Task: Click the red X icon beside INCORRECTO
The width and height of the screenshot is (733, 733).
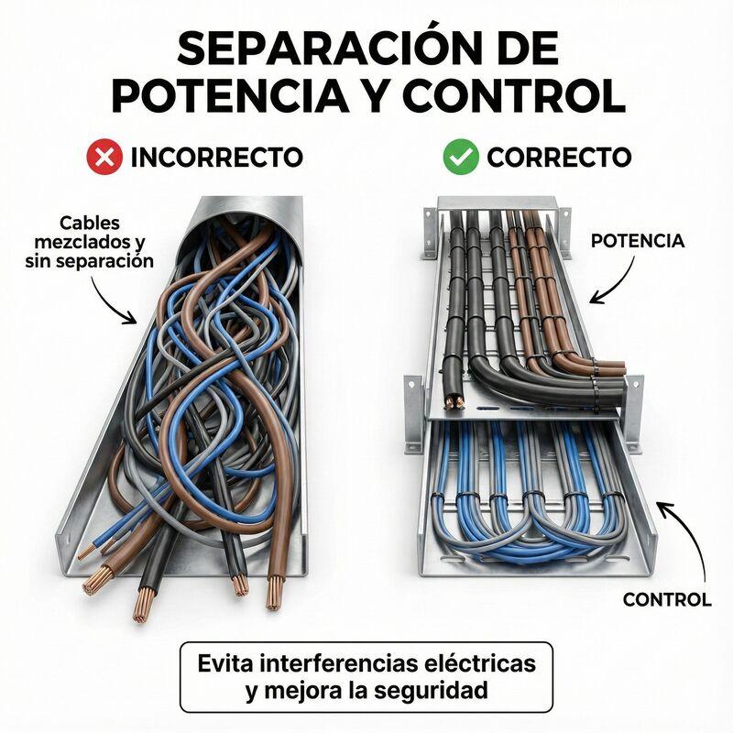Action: (x=104, y=157)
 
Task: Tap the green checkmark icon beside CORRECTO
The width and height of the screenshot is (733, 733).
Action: (x=461, y=157)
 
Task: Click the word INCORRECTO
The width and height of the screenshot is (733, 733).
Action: (x=217, y=157)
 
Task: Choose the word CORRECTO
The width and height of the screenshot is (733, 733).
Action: (x=559, y=157)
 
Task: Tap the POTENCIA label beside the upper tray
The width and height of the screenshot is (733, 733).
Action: (x=638, y=241)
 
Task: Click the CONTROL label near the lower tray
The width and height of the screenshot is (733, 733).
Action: (x=667, y=600)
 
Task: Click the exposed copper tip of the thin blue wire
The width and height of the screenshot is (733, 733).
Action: (x=86, y=552)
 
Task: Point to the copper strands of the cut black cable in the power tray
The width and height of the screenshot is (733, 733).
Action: (x=453, y=402)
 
